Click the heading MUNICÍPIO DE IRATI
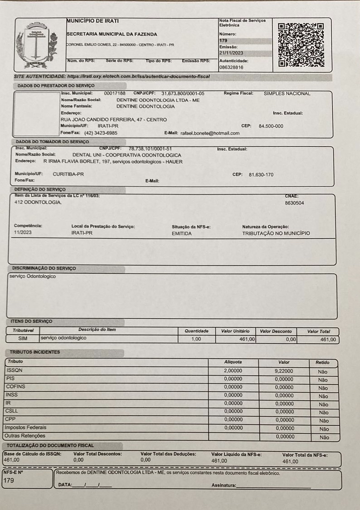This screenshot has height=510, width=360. pyautogui.click(x=93, y=21)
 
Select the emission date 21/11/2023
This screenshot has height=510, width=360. pyautogui.click(x=231, y=53)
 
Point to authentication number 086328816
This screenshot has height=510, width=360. pyautogui.click(x=231, y=67)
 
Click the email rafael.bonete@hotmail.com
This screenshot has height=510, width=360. pyautogui.click(x=210, y=133)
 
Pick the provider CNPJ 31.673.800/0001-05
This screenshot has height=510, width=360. pyautogui.click(x=183, y=93)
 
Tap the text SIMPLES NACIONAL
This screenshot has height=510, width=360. pyautogui.click(x=287, y=93)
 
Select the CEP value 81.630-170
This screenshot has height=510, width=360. pyautogui.click(x=261, y=175)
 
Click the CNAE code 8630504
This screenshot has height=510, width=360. pyautogui.click(x=294, y=203)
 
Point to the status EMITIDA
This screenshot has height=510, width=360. pyautogui.click(x=182, y=233)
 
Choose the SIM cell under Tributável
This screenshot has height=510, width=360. pyautogui.click(x=23, y=338)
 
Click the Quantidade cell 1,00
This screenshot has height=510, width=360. pyautogui.click(x=196, y=339)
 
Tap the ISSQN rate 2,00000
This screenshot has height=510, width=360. pyautogui.click(x=233, y=371)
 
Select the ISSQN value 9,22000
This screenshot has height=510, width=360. pyautogui.click(x=284, y=371)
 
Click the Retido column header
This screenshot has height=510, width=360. pyautogui.click(x=323, y=363)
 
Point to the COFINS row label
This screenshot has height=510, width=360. pyautogui.click(x=15, y=387)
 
